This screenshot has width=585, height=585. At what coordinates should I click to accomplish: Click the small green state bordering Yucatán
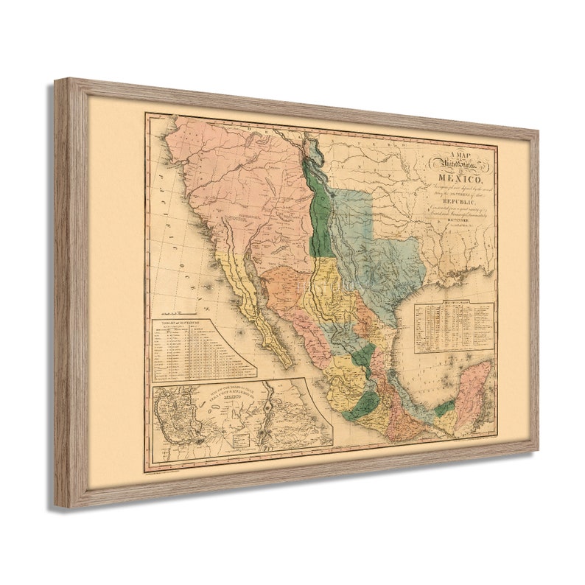click(x=444, y=407)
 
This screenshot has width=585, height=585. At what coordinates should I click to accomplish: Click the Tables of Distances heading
click(x=176, y=323)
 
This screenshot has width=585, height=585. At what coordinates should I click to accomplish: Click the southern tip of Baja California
click(x=288, y=366)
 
